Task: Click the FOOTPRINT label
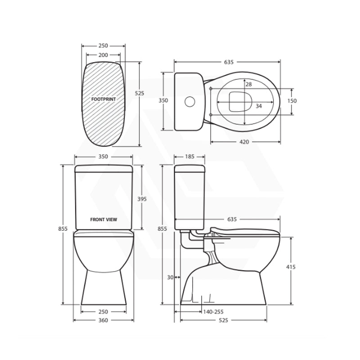pos(103,99)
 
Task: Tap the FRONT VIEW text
pos(103,220)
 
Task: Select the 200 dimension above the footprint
pos(103,55)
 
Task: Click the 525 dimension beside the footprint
pos(139,93)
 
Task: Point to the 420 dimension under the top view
pos(244,142)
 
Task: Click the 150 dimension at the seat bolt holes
pos(292,101)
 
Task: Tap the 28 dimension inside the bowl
pos(249,84)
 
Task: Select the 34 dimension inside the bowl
pos(259,106)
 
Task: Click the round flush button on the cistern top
pos(190,102)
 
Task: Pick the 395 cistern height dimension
pos(142,199)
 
